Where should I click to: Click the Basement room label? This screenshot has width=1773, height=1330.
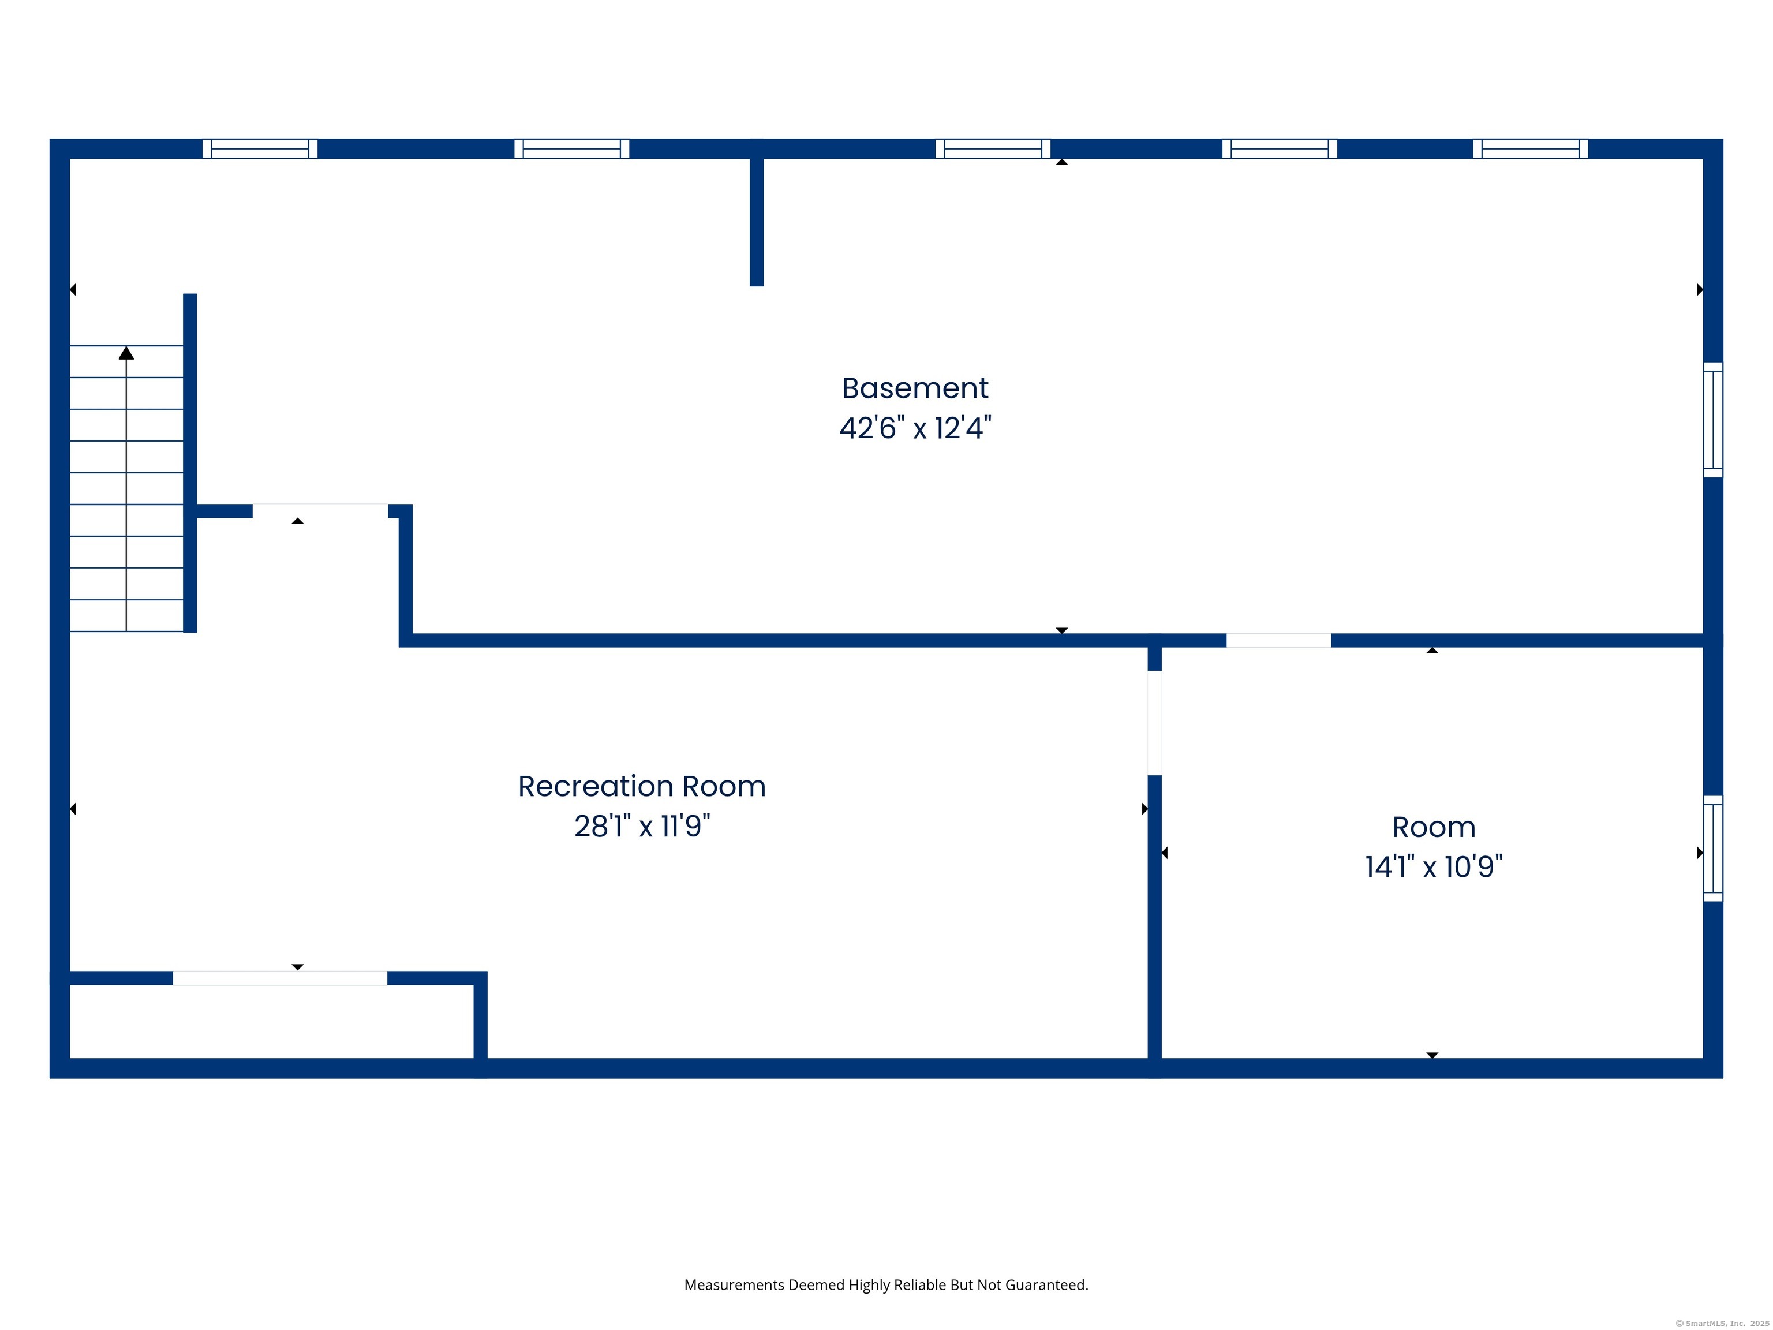point(915,389)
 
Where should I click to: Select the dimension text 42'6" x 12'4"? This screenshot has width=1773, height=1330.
point(915,428)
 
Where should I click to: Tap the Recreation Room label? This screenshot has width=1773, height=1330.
point(641,786)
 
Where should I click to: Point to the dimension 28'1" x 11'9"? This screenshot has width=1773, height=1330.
point(641,825)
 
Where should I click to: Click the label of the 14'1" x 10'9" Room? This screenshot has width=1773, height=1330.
point(1433,827)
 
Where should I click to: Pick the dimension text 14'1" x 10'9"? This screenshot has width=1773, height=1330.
point(1433,866)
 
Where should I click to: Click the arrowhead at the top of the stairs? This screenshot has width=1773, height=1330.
point(126,353)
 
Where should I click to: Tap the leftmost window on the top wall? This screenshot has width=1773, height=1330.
point(260,149)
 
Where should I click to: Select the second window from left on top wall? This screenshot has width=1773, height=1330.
point(571,149)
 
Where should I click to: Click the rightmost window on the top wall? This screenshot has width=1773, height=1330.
point(1530,149)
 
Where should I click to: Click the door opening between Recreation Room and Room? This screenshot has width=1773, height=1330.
point(1154,723)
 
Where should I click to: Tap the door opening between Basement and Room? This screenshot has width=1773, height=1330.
point(1278,641)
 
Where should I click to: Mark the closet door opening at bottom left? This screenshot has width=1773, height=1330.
point(280,978)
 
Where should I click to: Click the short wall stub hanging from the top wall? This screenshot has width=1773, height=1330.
point(756,221)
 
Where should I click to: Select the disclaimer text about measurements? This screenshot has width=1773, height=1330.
point(886,1285)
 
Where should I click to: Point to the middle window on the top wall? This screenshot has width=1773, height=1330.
point(992,149)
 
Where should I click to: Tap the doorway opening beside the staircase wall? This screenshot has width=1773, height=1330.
point(320,511)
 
